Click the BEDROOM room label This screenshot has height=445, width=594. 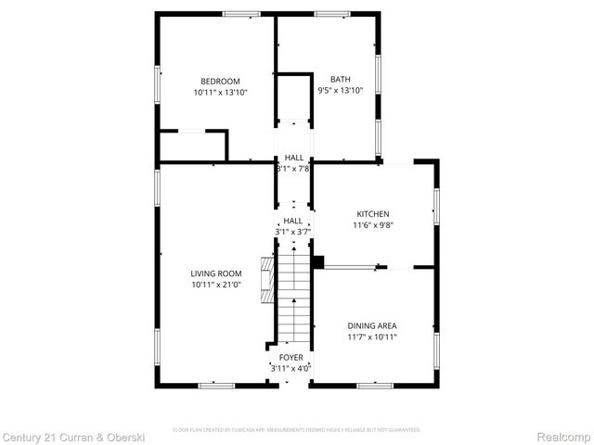tap(220, 81)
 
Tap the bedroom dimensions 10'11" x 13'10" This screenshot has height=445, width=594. tap(220, 92)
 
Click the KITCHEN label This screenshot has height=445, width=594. tap(370, 213)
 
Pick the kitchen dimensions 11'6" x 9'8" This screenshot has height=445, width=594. tap(370, 224)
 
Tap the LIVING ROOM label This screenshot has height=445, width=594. tap(216, 273)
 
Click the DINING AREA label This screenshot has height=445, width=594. tap(372, 325)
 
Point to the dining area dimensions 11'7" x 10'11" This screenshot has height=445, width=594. tap(372, 337)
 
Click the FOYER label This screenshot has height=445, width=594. tap(291, 357)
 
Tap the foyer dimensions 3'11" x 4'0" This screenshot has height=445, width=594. tap(291, 368)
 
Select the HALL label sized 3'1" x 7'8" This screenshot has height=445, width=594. tap(293, 158)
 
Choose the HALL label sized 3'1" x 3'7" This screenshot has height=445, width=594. tap(293, 221)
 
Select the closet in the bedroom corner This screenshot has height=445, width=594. tap(192, 146)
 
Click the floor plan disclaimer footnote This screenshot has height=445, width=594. tap(297, 430)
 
